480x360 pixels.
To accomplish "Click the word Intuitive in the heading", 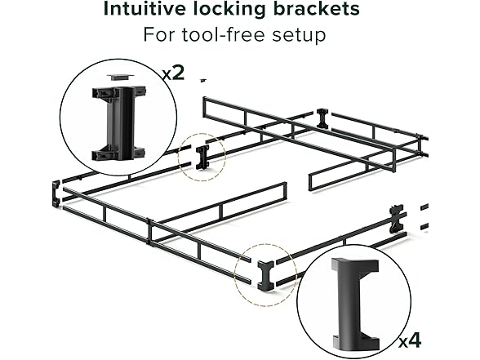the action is [144, 8].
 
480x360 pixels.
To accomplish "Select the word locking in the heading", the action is [229, 10].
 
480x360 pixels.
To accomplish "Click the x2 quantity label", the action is [174, 73].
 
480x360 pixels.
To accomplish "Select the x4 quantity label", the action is [410, 340].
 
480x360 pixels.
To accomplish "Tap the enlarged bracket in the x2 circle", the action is [119, 123].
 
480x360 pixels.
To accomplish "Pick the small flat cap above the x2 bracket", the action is [120, 77].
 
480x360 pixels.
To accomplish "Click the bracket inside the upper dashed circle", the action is [202, 157].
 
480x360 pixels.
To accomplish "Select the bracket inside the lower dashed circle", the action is [266, 276].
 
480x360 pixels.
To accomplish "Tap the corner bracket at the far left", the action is [56, 193].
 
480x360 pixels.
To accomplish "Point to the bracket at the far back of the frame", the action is [322, 118].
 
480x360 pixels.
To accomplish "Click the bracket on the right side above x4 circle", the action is [397, 218].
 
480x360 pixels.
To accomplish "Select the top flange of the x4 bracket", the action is [355, 264].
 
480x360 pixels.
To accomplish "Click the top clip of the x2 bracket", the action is [119, 92].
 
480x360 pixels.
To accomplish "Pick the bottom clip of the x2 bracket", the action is [119, 154].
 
